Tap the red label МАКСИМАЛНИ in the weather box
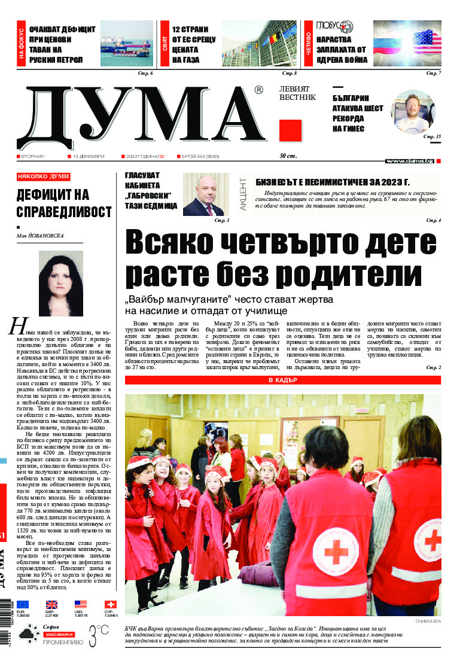point(58,634)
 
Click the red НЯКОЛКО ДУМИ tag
point(43,176)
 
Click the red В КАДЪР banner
point(283,380)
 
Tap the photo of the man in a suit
point(203,194)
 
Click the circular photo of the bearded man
point(413,111)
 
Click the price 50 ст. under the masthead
point(289,156)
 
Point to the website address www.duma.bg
point(410,161)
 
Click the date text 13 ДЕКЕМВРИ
point(88,156)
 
